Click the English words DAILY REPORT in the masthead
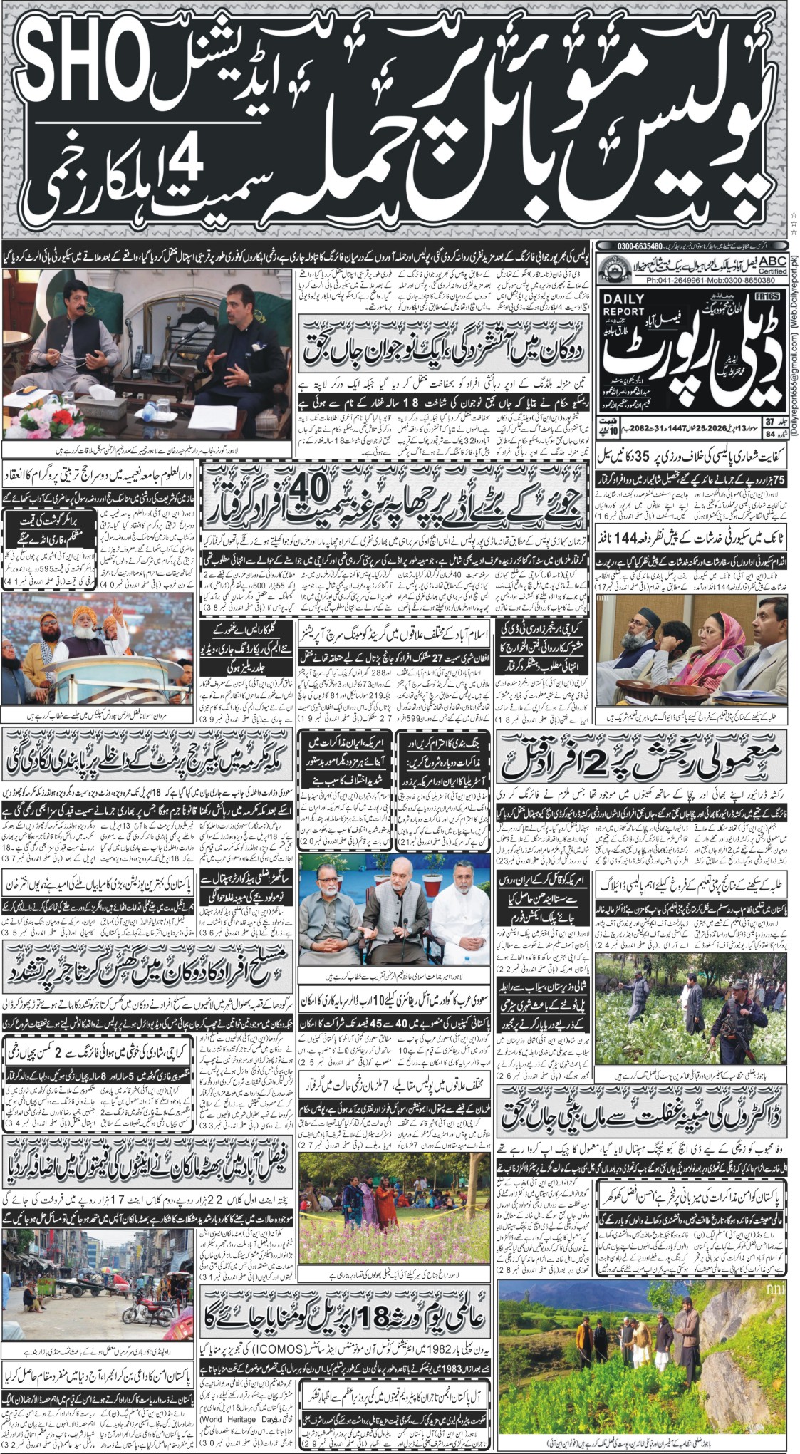[x=623, y=305]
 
